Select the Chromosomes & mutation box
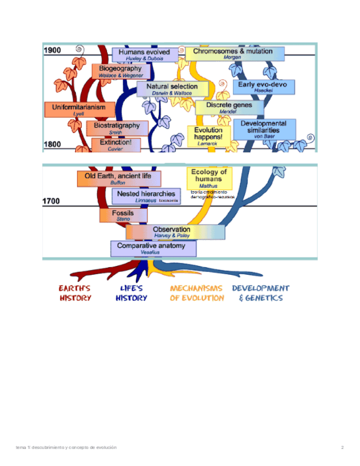235,54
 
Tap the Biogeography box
121,71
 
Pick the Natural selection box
173,90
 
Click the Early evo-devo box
263,87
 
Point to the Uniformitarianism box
75,109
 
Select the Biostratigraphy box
117,128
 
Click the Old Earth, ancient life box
119,179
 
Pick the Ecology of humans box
209,178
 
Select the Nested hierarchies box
146,196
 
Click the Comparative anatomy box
153,249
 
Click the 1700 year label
51,202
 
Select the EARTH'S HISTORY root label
75,293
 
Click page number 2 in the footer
342,447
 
